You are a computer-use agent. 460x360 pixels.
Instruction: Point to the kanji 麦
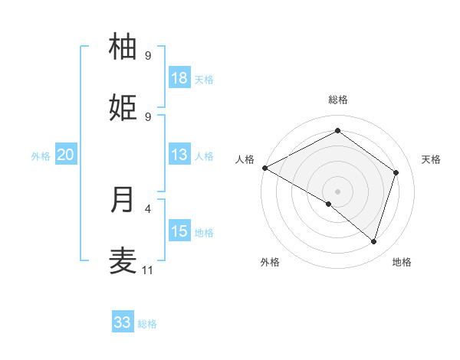[123, 260]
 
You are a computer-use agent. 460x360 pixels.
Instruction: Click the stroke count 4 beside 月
[148, 208]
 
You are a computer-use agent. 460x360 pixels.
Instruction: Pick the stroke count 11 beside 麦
[148, 270]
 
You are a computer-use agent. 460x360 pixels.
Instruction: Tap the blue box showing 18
[179, 78]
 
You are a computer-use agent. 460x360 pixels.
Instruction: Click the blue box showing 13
[179, 155]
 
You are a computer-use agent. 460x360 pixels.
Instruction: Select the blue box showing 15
[179, 231]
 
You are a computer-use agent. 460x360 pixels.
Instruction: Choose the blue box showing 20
[66, 155]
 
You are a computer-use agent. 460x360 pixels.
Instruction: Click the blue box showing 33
[123, 322]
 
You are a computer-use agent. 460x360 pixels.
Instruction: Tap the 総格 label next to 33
[147, 324]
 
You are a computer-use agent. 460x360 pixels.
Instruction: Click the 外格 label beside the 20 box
[41, 156]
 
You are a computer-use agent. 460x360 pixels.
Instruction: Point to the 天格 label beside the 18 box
[203, 80]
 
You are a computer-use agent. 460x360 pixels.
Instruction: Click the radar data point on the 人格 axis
[264, 168]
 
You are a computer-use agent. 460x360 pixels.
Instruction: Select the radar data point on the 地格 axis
[373, 241]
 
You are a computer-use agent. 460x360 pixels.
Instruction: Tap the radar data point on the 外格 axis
[329, 204]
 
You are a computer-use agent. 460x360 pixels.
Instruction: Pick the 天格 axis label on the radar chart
[432, 159]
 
